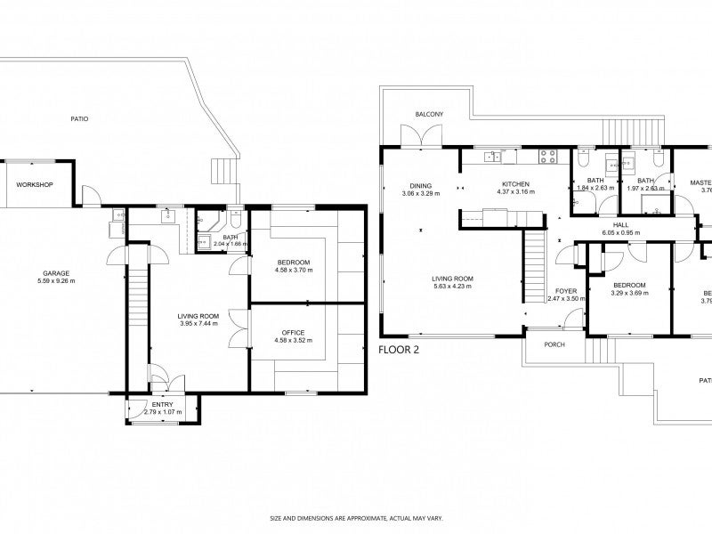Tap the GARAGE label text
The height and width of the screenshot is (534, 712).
point(58,273)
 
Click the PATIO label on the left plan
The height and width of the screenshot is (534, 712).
point(79,118)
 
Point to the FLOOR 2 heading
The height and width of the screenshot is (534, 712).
point(398,350)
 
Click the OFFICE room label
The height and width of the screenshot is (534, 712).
point(280,331)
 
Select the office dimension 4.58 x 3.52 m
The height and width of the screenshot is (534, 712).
point(280,339)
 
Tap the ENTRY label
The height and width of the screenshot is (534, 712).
point(162,404)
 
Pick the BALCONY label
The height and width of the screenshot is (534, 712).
point(429,115)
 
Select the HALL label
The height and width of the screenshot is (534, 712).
point(620,225)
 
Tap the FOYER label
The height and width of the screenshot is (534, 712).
point(566,291)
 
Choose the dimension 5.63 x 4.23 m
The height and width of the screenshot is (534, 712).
point(453,287)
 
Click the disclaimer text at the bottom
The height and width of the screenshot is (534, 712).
point(355,517)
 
